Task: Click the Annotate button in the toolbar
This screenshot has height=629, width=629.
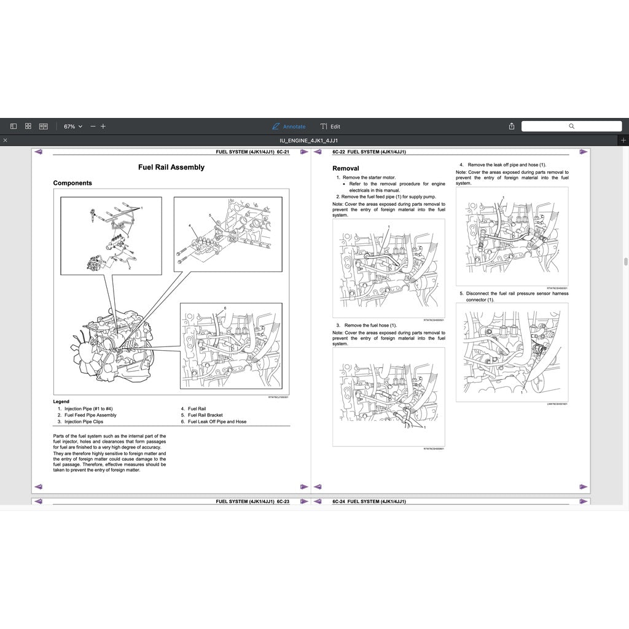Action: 289,127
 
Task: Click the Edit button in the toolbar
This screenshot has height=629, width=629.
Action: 330,127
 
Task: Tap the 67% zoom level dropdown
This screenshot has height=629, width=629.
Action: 72,127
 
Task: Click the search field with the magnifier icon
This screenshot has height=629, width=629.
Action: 571,126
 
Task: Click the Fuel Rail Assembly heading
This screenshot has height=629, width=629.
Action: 171,167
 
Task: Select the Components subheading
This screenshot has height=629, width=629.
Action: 72,183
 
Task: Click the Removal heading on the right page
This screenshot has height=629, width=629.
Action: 346,168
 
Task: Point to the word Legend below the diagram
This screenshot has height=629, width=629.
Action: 61,402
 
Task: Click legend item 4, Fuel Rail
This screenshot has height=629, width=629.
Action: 197,408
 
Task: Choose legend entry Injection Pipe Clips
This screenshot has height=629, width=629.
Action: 84,422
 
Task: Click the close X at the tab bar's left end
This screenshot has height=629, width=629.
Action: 5,141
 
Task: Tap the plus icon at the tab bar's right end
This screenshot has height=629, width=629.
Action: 623,141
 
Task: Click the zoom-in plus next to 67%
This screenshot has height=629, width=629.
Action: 103,127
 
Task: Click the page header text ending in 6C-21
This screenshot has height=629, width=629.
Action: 252,152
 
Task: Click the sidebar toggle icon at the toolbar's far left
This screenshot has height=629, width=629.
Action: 14,127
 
